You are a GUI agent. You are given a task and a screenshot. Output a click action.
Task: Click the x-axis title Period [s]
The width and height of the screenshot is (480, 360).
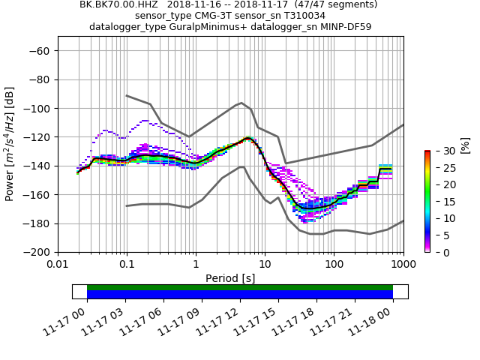point(230,277)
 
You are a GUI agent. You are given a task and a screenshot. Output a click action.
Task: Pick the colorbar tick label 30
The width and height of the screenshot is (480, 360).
point(442,151)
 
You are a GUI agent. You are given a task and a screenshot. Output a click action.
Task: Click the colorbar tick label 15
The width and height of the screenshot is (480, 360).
point(442,202)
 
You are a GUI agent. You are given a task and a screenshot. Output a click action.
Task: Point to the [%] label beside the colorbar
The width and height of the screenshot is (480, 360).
point(466,142)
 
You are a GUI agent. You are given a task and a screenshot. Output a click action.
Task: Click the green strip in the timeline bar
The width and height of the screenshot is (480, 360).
point(240,287)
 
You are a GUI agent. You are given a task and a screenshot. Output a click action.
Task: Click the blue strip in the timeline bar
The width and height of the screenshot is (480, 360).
point(240,295)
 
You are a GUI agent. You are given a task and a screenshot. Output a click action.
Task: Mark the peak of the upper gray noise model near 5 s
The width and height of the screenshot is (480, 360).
point(241,103)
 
